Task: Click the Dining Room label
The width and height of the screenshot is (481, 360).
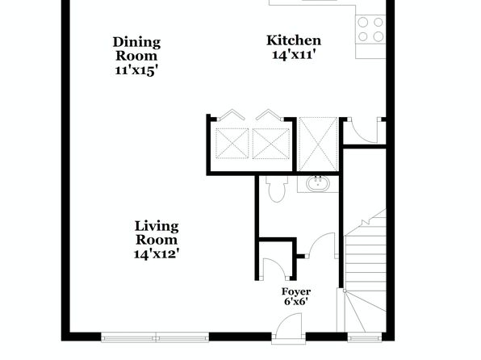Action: click(x=136, y=49)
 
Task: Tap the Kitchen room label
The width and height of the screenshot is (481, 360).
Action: click(x=294, y=40)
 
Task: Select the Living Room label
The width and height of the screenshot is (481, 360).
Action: click(x=157, y=233)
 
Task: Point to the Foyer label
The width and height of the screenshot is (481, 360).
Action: click(x=296, y=291)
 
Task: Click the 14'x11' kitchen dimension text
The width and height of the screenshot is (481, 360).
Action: click(x=294, y=55)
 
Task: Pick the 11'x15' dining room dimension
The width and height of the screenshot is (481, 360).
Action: click(x=136, y=70)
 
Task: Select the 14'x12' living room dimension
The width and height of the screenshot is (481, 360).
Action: click(x=157, y=254)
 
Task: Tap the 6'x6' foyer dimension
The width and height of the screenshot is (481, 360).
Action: click(x=296, y=302)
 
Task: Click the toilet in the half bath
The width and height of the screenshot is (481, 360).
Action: click(x=277, y=189)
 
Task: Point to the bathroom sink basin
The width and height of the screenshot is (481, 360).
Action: click(x=317, y=184)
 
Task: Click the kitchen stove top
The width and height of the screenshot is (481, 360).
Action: click(x=370, y=30)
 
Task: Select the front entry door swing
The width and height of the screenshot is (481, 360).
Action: click(x=288, y=326)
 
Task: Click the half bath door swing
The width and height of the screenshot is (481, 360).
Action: click(x=322, y=245)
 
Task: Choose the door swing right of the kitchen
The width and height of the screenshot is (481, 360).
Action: click(x=364, y=131)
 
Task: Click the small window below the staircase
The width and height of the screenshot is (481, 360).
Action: click(x=365, y=338)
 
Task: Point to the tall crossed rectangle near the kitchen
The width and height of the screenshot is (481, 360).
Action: click(x=318, y=144)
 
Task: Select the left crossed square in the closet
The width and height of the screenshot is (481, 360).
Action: click(x=232, y=144)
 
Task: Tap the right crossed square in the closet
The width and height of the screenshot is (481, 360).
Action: click(x=271, y=144)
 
